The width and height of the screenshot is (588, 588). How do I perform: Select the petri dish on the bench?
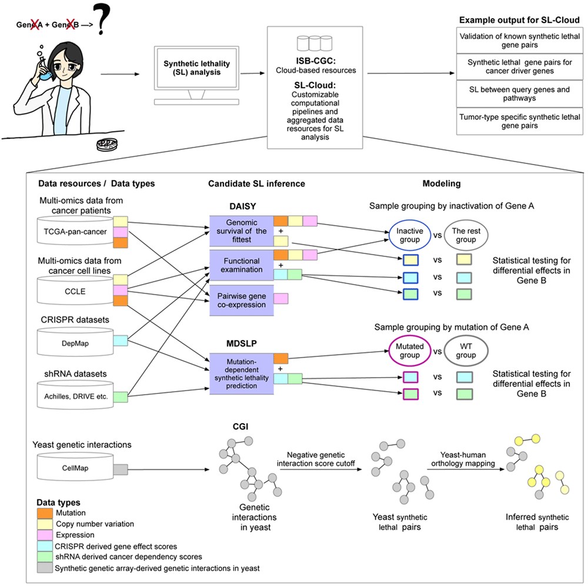[x=106, y=143]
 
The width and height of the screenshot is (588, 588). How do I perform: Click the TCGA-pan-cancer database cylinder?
[x=82, y=231]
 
